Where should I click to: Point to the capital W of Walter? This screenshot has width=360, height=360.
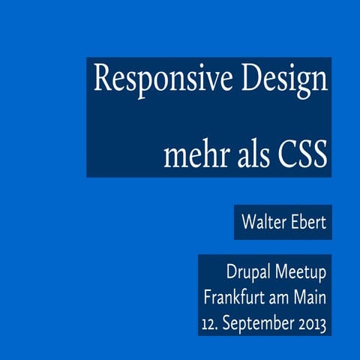pos(247,222)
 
